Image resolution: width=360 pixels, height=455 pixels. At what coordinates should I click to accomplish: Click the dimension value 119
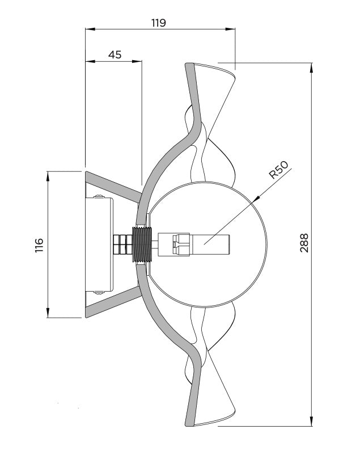tap(159, 23)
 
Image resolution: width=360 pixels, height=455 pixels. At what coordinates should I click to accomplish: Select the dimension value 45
tap(115, 54)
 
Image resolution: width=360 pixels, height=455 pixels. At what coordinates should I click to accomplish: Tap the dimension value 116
tap(39, 245)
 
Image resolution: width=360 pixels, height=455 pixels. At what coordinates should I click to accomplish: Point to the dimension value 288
tap(304, 243)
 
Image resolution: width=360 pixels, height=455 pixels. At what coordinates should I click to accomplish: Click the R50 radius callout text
tap(278, 170)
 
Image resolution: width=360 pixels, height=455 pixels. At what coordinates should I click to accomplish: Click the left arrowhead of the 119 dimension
tap(90, 29)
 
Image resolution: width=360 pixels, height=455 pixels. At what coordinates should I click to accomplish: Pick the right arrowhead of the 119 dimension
tap(230, 29)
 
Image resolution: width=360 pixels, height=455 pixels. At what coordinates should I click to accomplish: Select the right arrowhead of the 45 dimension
tap(137, 61)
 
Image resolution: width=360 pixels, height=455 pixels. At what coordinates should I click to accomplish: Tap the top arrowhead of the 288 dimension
tap(312, 68)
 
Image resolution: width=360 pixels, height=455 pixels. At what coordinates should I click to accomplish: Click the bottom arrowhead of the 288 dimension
tap(312, 421)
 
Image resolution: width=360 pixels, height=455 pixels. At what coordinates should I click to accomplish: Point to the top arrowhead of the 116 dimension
tap(48, 176)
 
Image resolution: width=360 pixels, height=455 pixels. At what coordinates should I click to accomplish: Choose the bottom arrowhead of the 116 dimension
tap(48, 313)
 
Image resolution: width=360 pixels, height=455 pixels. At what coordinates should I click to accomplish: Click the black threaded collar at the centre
tap(142, 245)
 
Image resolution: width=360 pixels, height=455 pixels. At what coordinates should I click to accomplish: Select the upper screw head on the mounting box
tap(99, 196)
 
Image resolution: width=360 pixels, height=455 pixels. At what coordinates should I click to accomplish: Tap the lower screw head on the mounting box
tap(99, 292)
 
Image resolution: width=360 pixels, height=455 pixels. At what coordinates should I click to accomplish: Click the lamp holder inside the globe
tap(193, 245)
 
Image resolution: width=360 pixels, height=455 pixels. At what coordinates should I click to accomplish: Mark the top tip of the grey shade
tap(189, 65)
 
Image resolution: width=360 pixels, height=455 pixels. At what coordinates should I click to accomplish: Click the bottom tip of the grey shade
tap(189, 424)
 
